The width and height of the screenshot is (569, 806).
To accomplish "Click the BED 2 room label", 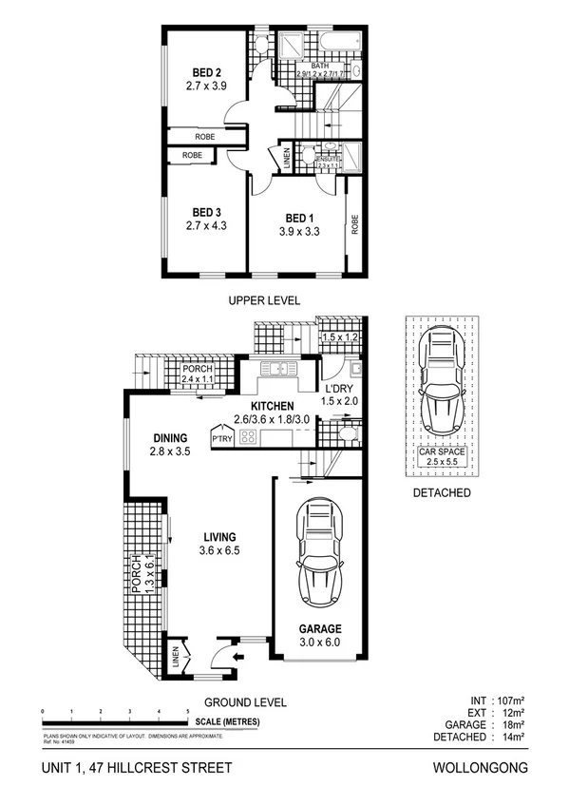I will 206,72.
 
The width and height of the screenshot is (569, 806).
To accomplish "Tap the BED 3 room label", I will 206,212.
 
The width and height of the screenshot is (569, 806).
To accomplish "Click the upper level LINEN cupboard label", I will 287,160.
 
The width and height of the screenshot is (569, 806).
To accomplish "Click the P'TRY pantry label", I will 222,439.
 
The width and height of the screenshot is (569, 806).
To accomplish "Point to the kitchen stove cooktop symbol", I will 250,438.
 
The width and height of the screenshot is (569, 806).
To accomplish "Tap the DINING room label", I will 172,438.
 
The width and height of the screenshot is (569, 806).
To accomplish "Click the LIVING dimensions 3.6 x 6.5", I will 218,550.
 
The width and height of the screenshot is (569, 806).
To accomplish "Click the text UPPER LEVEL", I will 263,300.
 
